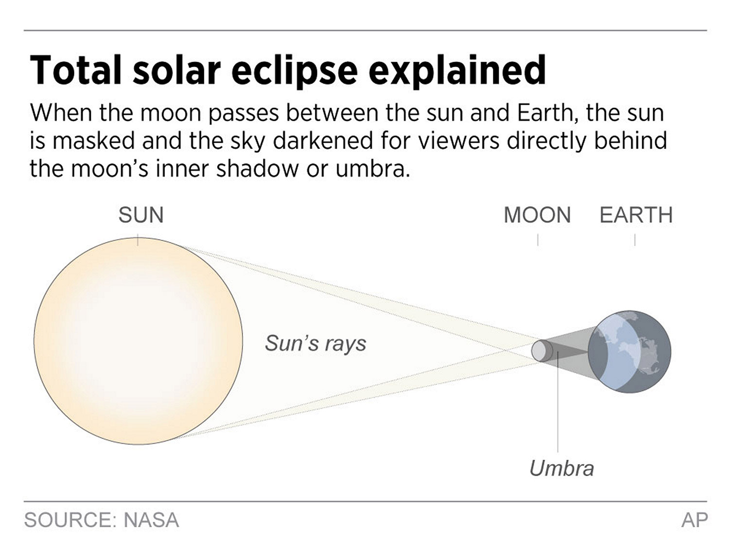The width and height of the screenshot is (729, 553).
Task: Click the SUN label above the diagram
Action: pos(141,215)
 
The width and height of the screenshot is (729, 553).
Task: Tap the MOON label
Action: pos(537,215)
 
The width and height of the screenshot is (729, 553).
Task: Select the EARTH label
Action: pos(636,215)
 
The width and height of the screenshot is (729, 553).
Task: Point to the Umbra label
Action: pos(562,468)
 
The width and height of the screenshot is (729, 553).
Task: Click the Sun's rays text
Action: pos(315,343)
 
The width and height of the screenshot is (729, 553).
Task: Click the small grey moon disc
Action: pos(542,351)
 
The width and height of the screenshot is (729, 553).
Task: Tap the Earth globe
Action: pos(629,352)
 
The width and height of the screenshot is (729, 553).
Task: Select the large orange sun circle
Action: pos(138,341)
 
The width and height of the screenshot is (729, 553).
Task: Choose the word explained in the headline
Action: pos(457,71)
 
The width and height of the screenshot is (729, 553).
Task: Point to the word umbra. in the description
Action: pos(373,169)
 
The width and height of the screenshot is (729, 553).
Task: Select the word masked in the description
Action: pos(94,141)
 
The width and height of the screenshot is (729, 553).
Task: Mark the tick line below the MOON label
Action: pos(538,240)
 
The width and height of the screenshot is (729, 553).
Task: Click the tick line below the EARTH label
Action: pos(635,240)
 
